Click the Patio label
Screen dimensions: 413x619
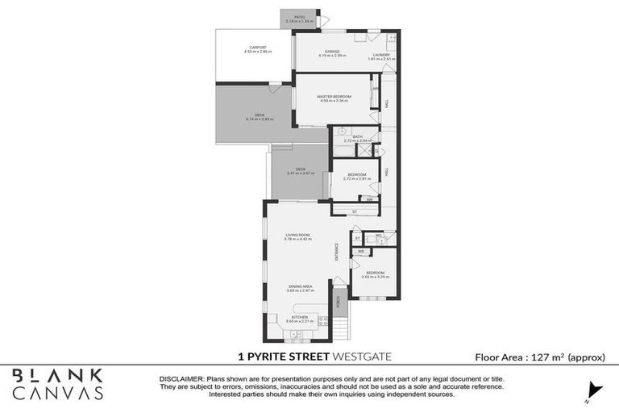click(x=299, y=17)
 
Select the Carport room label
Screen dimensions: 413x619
click(x=258, y=48)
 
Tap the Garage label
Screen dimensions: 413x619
click(x=332, y=52)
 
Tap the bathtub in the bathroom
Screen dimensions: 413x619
click(x=340, y=151)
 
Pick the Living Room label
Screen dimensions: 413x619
click(x=297, y=235)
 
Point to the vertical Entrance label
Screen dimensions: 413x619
click(x=338, y=252)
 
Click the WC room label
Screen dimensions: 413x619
click(x=377, y=236)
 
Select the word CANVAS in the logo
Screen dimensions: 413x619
click(x=57, y=392)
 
